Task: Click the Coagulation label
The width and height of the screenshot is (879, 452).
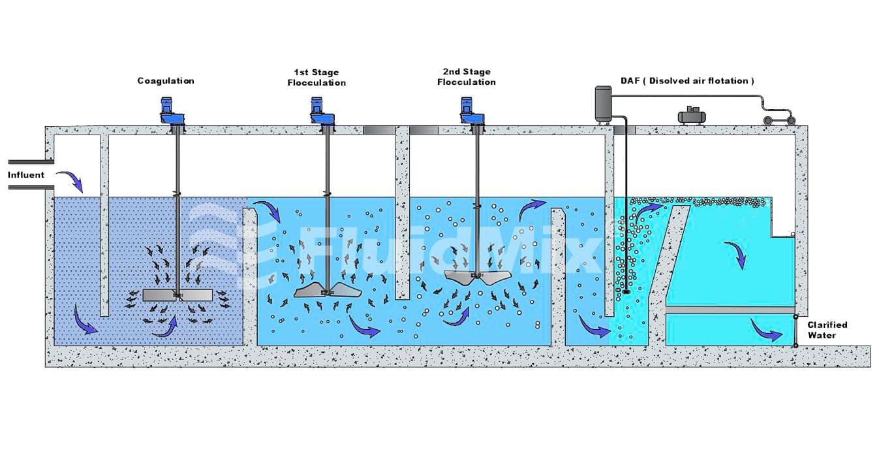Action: click(166, 81)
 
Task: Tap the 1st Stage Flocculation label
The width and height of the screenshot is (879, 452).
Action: click(316, 77)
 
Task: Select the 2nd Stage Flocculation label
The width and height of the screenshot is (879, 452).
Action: click(466, 77)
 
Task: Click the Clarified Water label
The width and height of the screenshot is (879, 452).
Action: click(827, 330)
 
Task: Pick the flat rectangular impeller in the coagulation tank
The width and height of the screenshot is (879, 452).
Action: click(177, 295)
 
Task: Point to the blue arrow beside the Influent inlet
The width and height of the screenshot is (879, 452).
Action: click(70, 180)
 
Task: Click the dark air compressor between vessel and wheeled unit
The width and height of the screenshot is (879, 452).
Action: click(692, 116)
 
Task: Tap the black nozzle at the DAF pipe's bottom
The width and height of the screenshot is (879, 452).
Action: click(626, 292)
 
